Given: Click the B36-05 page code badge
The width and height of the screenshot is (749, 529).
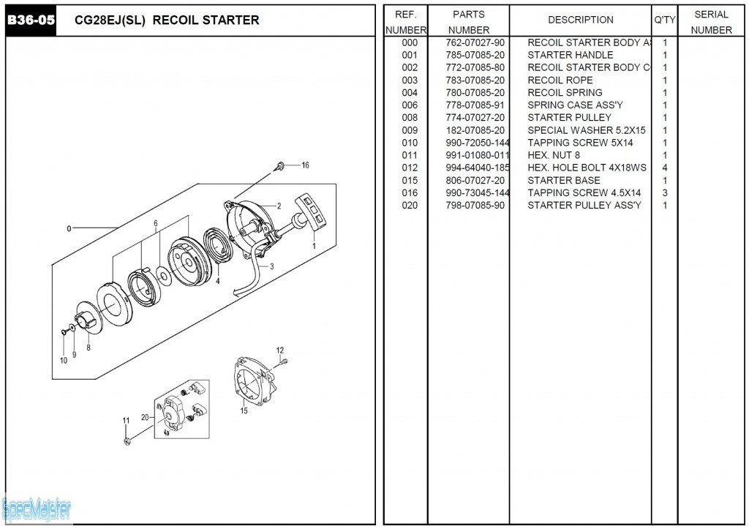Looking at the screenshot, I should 31,20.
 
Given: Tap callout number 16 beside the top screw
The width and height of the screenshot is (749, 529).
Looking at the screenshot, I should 305,165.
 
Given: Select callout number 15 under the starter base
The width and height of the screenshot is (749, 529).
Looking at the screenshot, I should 244,410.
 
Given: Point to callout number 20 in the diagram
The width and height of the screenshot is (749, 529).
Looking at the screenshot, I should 145,418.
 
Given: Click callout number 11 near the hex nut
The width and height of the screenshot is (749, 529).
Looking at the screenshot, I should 126,420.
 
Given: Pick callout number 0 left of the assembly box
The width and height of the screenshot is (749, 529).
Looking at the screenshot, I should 69,228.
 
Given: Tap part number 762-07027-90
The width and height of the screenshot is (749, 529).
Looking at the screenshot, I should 475,42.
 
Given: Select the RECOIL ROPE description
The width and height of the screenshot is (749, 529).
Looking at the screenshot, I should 560,80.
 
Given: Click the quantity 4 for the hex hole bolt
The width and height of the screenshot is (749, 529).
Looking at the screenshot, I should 665,168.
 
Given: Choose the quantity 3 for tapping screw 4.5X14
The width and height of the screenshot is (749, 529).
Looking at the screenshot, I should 665,192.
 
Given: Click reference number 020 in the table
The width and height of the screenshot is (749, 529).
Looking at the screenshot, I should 410,205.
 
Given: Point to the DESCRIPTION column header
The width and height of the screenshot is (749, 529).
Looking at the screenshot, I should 581,20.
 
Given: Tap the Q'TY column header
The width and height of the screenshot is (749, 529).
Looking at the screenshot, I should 665,20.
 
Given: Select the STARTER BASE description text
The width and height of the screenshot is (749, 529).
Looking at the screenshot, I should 563,180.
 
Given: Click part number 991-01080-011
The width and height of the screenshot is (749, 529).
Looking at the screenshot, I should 477,155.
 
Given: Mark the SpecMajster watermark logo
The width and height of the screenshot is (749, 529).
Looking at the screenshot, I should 37,507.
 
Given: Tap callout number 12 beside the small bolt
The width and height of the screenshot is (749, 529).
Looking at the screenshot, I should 280,350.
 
